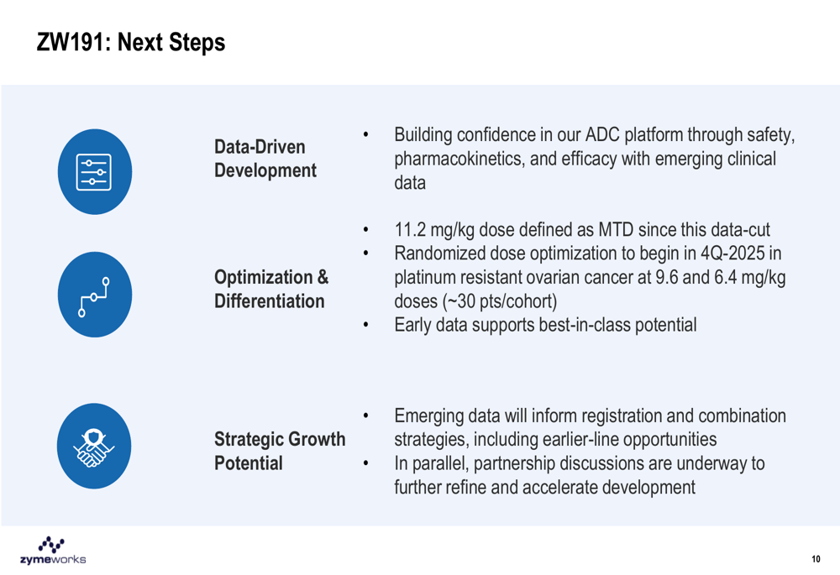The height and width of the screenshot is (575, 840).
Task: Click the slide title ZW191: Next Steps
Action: click(x=131, y=42)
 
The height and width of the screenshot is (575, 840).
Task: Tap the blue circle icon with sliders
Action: click(x=95, y=172)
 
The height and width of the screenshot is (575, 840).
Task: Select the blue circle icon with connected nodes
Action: click(x=95, y=295)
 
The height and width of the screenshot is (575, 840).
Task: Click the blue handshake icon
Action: click(x=94, y=446)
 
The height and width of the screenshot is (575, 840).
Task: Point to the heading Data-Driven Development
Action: click(x=265, y=159)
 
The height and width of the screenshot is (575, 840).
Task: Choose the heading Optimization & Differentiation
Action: click(x=271, y=289)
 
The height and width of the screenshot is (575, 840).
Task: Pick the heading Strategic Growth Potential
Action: click(x=280, y=452)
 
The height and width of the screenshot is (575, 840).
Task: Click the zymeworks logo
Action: click(x=52, y=550)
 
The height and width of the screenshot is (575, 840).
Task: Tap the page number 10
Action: click(x=816, y=559)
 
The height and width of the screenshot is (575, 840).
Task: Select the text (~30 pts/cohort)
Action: click(x=499, y=301)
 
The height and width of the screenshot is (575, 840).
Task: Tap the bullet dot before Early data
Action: click(x=366, y=325)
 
